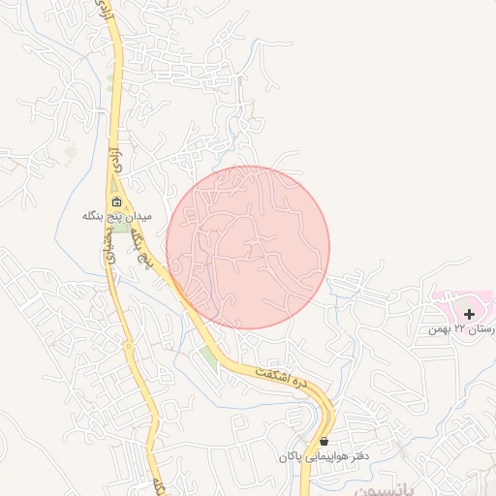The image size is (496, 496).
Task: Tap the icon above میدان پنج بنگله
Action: [116, 202]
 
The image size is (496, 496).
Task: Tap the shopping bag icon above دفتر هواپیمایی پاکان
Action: [323, 442]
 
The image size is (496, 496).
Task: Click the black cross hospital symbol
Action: [470, 314]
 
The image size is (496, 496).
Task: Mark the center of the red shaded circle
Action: [248, 247]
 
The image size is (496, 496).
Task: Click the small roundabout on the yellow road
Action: [127, 344]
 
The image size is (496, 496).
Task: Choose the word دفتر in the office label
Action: [360, 455]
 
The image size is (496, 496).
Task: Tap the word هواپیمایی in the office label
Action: [327, 455]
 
